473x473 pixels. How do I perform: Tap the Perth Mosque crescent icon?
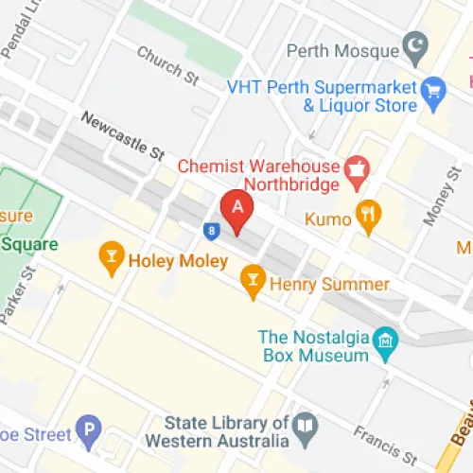pos(414,44)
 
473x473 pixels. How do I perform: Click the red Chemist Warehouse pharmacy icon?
pos(358,170)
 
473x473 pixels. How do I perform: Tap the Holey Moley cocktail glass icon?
pos(112,256)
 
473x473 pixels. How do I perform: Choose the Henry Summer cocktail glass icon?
pos(253,279)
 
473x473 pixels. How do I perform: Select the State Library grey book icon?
pos(304,427)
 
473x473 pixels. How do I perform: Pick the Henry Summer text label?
pos(328,284)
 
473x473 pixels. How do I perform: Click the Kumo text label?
pos(328,219)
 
